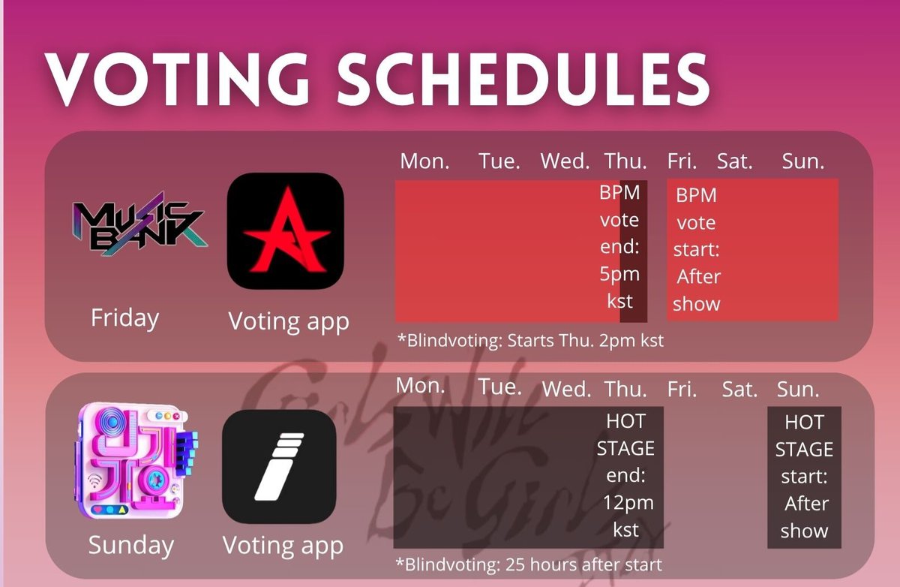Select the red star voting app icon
pyautogui.click(x=285, y=231)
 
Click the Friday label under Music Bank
pyautogui.click(x=124, y=318)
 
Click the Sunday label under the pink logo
pyautogui.click(x=130, y=545)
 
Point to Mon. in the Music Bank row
pyautogui.click(x=424, y=162)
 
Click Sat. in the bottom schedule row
pyautogui.click(x=739, y=390)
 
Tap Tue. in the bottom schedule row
pyautogui.click(x=500, y=387)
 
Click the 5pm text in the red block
pyautogui.click(x=619, y=275)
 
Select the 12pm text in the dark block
pyautogui.click(x=627, y=502)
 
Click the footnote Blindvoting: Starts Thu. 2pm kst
pyautogui.click(x=530, y=341)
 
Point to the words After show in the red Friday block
pyautogui.click(x=697, y=290)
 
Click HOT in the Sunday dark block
pyautogui.click(x=804, y=423)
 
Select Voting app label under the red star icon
pyautogui.click(x=289, y=321)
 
